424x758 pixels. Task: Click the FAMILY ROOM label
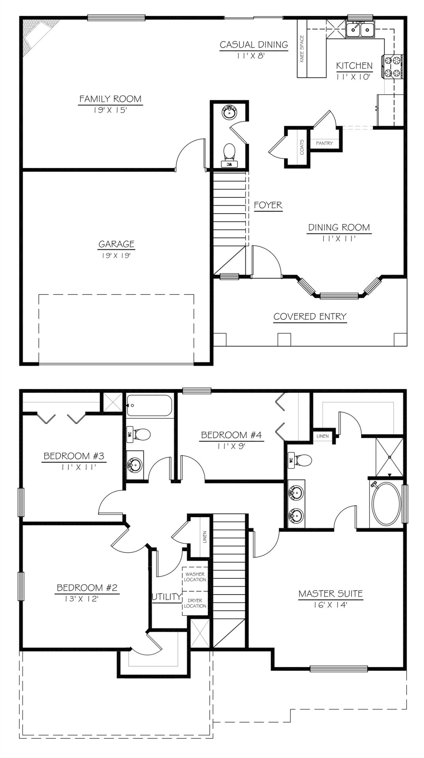(110, 99)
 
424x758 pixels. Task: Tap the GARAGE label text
(116, 244)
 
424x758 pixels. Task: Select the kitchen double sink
(360, 29)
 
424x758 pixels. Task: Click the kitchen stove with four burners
(392, 67)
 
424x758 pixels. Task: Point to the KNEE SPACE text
(302, 49)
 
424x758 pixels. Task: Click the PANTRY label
(324, 143)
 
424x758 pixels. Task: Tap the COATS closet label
(302, 146)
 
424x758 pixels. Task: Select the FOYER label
(268, 205)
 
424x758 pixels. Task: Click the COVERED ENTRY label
(310, 316)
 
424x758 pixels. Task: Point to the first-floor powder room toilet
(229, 152)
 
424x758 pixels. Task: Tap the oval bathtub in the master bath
(386, 503)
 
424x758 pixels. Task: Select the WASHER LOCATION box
(195, 577)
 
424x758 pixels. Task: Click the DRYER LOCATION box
(195, 603)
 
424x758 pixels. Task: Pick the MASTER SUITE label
(331, 593)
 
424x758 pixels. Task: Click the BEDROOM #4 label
(232, 435)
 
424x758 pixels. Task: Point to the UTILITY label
(166, 597)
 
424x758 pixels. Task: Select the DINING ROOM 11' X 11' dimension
(339, 238)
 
